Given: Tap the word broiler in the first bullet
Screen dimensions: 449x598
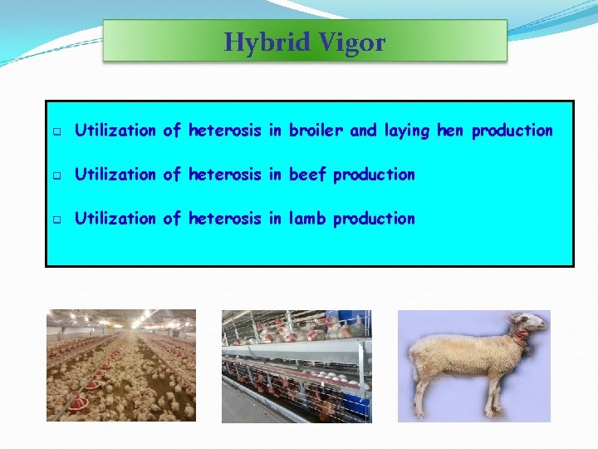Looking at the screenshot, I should point(316,131).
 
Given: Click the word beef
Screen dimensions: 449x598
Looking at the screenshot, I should point(308,175).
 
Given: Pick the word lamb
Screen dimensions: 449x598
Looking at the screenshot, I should point(308,219).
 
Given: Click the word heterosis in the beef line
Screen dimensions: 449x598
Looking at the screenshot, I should point(225,175).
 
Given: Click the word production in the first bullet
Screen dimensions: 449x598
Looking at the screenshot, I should point(512,131).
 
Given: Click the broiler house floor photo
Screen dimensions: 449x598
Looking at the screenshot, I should point(121,365).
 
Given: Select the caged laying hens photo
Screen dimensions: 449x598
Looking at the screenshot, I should point(297,365).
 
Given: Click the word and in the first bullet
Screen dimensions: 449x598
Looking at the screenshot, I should point(363,131).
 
